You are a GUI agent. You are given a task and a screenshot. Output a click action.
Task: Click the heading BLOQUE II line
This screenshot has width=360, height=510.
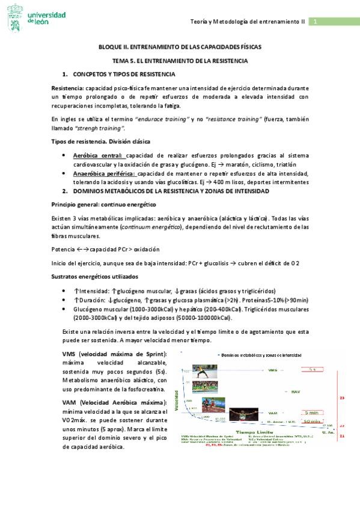pos(179,48)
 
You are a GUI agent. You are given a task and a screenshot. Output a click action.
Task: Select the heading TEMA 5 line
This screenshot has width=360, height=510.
pos(180,61)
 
